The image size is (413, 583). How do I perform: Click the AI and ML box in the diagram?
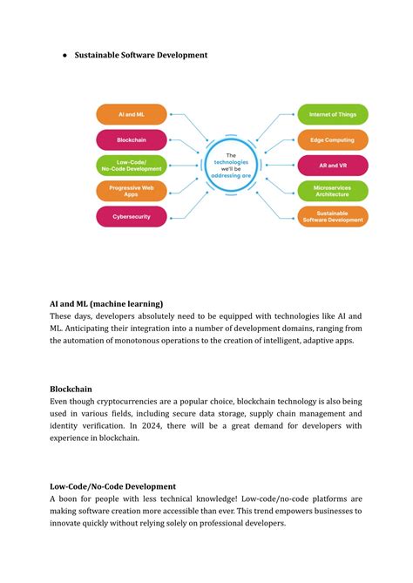click(131, 114)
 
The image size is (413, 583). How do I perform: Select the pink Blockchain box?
click(131, 139)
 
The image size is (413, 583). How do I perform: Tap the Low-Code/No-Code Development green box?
click(131, 165)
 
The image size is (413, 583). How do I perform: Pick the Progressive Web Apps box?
click(131, 191)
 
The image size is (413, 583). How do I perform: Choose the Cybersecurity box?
click(131, 216)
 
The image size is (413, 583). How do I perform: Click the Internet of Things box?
click(333, 114)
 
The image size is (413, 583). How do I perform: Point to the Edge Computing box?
click(333, 139)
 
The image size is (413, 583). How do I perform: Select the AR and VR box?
click(333, 165)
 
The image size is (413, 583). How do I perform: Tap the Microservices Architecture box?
click(333, 191)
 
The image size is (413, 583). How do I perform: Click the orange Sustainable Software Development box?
click(333, 216)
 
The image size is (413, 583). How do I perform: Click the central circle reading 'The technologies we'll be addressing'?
click(232, 166)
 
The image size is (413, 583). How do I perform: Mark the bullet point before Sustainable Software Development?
click(65, 55)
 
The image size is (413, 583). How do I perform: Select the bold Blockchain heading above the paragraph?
click(71, 388)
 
